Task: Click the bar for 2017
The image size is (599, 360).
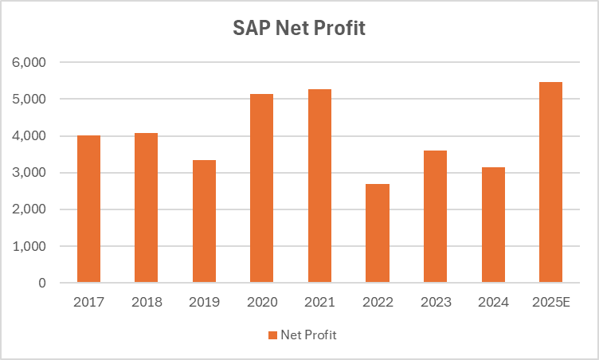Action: [88, 209]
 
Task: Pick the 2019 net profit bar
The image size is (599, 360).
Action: [204, 221]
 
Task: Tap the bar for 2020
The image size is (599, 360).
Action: [261, 189]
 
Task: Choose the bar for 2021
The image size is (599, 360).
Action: [319, 186]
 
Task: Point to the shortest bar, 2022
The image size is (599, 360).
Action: [377, 233]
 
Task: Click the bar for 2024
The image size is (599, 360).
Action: [493, 225]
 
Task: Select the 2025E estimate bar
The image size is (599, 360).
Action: [550, 182]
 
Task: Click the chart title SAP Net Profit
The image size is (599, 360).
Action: [299, 29]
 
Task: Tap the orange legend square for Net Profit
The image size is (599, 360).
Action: [272, 335]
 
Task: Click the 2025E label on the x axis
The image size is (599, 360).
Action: [550, 303]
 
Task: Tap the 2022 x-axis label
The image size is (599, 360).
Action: [377, 303]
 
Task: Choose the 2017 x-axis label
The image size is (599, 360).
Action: [88, 303]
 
